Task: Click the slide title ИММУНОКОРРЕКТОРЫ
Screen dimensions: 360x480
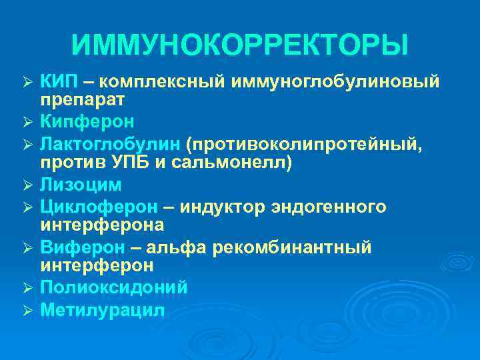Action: pyautogui.click(x=240, y=46)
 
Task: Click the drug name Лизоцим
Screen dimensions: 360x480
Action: pyautogui.click(x=81, y=185)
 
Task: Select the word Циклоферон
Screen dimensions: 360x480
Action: pyautogui.click(x=98, y=206)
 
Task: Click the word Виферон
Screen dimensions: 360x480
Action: pyautogui.click(x=82, y=247)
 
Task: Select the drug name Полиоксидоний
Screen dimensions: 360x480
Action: pyautogui.click(x=113, y=288)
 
